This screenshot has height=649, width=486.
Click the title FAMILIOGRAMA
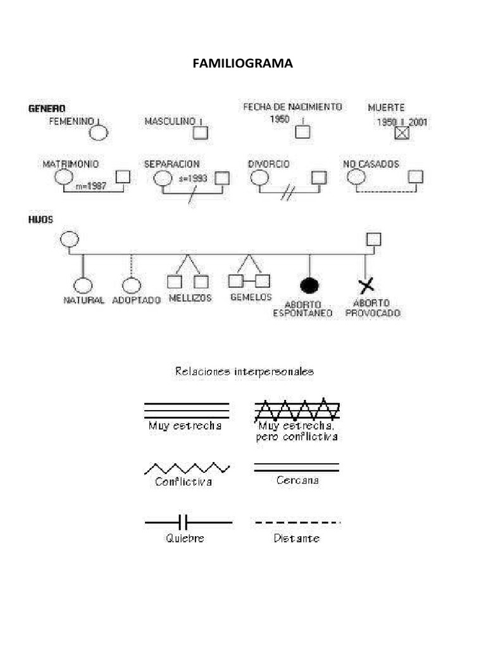(x=243, y=63)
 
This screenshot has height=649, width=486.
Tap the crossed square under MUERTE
(x=402, y=133)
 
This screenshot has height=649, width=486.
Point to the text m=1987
(x=90, y=187)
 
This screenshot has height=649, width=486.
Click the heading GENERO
(x=47, y=108)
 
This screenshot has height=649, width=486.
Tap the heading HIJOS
(x=40, y=219)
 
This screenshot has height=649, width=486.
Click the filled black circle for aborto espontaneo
(x=309, y=285)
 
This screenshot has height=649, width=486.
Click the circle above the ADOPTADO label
(x=130, y=285)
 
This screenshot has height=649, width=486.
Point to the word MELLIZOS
(x=190, y=297)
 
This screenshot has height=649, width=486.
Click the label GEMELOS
(x=251, y=297)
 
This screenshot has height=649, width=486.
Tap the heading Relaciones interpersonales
(x=244, y=372)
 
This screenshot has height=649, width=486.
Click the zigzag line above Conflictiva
(x=187, y=468)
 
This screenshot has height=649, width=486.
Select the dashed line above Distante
(x=297, y=522)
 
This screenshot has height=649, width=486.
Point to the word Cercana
(x=297, y=480)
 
